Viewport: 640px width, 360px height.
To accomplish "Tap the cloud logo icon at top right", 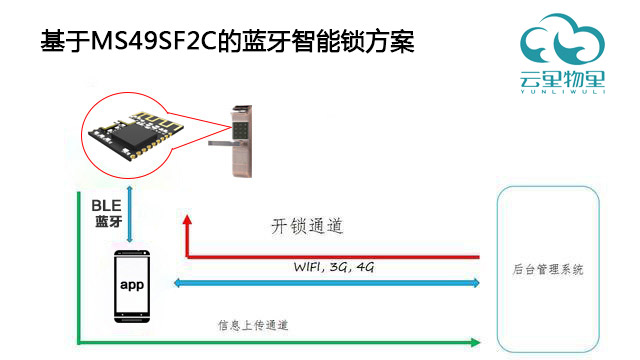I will tap(561, 40).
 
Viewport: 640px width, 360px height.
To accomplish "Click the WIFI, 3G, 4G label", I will tap(328, 267).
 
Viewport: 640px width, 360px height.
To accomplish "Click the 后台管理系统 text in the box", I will tap(547, 271).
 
